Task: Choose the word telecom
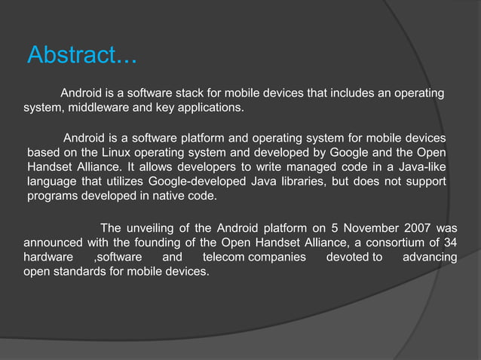(225, 258)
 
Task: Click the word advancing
(430, 258)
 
